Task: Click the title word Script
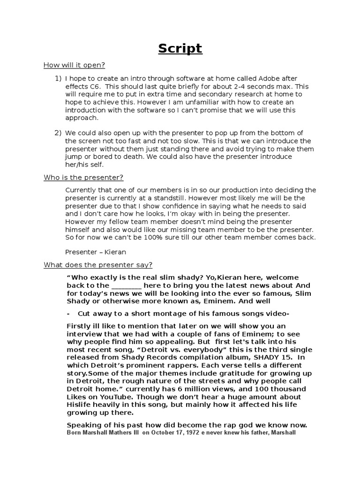180,48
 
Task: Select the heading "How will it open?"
75,65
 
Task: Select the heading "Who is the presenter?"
83,178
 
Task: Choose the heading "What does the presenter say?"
98,265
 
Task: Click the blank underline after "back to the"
127,285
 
